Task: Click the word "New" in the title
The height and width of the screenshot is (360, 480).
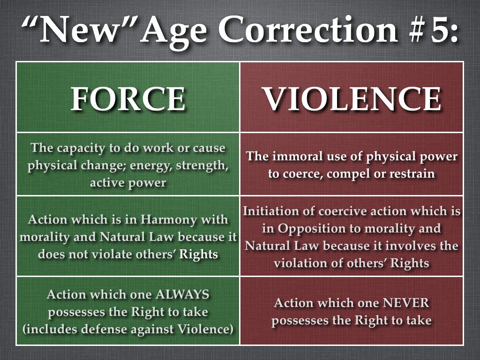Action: pyautogui.click(x=80, y=30)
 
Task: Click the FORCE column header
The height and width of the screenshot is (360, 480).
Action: pyautogui.click(x=128, y=98)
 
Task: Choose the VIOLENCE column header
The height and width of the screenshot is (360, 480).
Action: pyautogui.click(x=352, y=98)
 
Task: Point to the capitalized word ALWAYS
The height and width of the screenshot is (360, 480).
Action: pyautogui.click(x=182, y=294)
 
